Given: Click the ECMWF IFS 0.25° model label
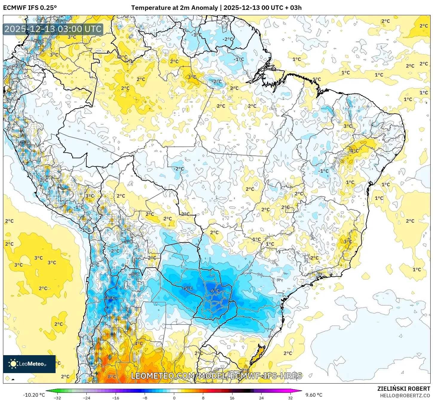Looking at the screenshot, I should [x=30, y=8].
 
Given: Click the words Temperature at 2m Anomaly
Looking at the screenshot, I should [x=174, y=8].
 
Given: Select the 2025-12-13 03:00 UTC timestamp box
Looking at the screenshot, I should [x=53, y=29].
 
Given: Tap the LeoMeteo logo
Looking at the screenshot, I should [x=29, y=364].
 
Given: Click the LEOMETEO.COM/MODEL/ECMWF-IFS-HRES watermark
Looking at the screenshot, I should [x=216, y=376].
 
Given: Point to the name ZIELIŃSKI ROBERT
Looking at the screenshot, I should [x=403, y=389].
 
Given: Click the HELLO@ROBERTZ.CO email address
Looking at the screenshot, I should [x=405, y=396].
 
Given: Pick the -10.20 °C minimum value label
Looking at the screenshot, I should [x=34, y=395].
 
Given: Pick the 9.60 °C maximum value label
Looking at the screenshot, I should [x=314, y=395].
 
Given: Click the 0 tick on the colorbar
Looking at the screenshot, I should [x=174, y=398].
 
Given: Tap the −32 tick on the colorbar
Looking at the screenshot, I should [x=57, y=398].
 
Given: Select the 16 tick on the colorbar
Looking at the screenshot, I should [x=232, y=398].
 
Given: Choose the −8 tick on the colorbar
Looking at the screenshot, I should [x=145, y=398].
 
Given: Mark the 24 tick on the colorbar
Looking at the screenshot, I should [x=261, y=398].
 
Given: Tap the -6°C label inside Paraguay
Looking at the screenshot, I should [x=214, y=291].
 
